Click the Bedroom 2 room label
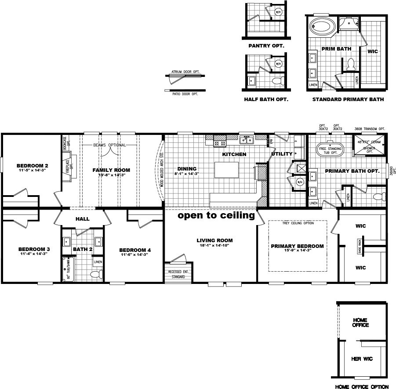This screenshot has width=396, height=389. point(29,166)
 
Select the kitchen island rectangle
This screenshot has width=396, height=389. point(227,170)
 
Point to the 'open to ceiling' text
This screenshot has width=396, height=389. point(216,216)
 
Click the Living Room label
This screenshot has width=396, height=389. point(214,240)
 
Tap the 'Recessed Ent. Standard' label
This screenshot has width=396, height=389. point(178,275)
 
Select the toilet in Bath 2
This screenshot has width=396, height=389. point(96,274)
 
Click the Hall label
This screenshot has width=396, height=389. point(83,218)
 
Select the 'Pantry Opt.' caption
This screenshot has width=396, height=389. point(266,45)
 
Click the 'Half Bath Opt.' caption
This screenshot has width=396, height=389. point(266,99)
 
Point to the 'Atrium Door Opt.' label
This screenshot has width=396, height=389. point(182,71)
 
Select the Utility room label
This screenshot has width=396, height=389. point(282,154)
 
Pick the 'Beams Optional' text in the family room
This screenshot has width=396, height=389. point(109,145)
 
